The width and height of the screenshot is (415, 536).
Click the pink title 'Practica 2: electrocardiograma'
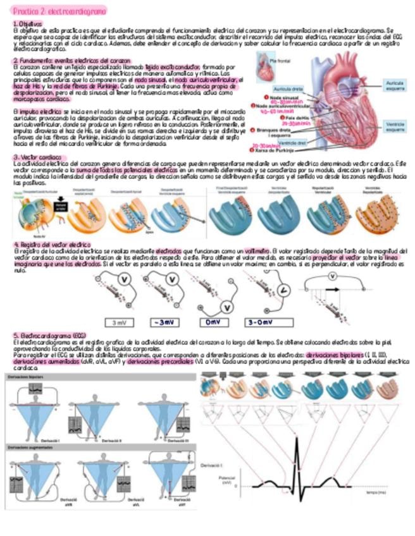tap(59, 11)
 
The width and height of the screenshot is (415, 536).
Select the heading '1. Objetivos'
tap(28, 23)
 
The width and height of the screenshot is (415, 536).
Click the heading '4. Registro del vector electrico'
tap(52, 243)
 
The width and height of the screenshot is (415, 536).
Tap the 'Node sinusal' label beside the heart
tap(283, 98)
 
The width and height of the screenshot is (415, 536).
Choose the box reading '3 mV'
tap(119, 322)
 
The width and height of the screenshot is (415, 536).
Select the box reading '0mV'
tap(216, 322)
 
